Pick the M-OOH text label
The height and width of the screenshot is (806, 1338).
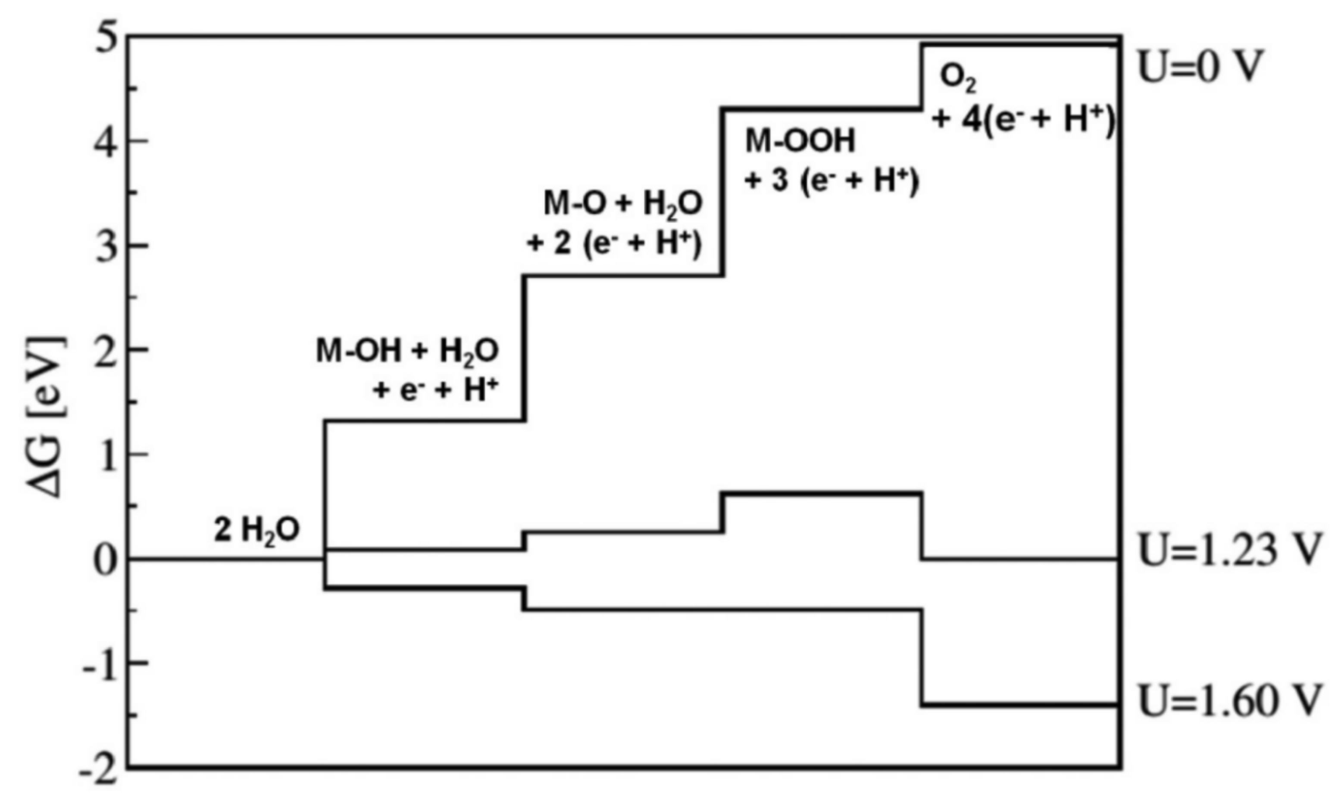coord(800,141)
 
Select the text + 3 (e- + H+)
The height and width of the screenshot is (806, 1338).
coord(832,181)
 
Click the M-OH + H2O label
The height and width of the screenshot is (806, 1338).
coord(407,351)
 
